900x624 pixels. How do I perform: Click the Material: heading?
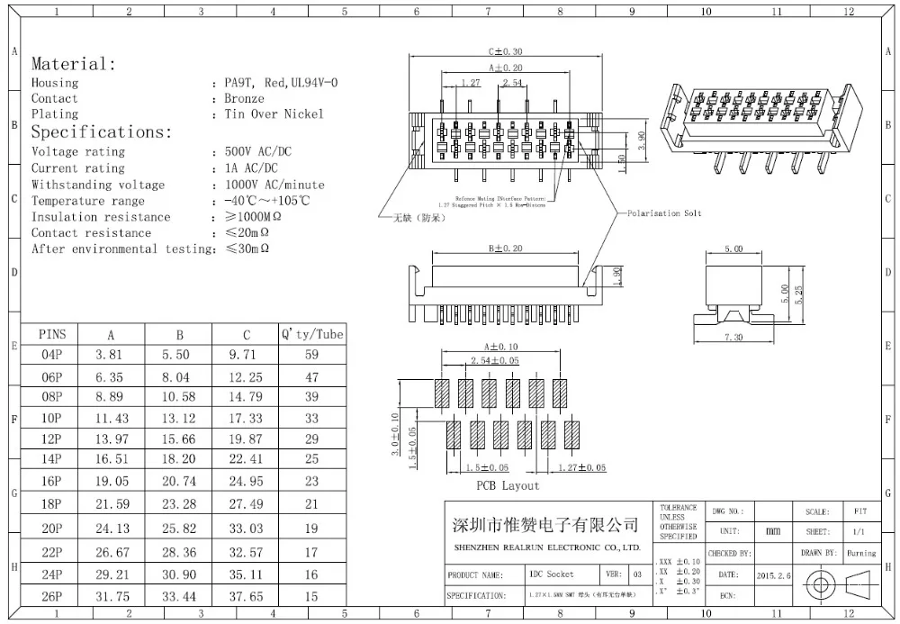pyautogui.click(x=74, y=64)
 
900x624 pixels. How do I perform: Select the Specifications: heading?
pyautogui.click(x=101, y=131)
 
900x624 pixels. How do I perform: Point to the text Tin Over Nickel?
pyautogui.click(x=274, y=114)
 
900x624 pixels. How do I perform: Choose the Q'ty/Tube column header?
pyautogui.click(x=311, y=334)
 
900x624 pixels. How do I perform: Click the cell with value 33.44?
pyautogui.click(x=176, y=596)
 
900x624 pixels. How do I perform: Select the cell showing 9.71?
pyautogui.click(x=247, y=356)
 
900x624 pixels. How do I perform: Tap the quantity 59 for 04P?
pyautogui.click(x=311, y=356)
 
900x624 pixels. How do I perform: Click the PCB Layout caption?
pyautogui.click(x=508, y=486)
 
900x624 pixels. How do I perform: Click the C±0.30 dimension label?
pyautogui.click(x=505, y=52)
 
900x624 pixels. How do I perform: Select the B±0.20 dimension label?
pyautogui.click(x=505, y=248)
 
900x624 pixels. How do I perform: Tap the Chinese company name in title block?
pyautogui.click(x=544, y=524)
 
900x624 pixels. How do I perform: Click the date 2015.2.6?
pyautogui.click(x=776, y=574)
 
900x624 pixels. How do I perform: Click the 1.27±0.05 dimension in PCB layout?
pyautogui.click(x=581, y=468)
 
